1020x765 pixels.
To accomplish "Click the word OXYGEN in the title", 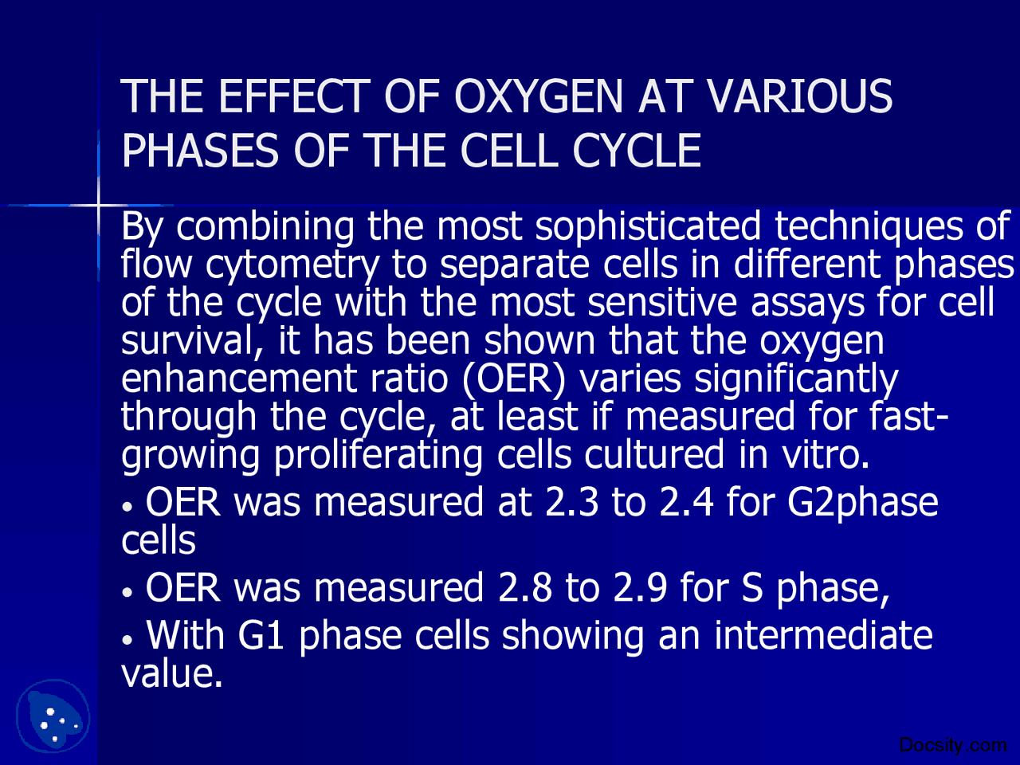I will coord(539,97).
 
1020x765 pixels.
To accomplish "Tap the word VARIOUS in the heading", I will coord(799,97).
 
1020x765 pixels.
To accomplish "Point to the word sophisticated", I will coord(648,227).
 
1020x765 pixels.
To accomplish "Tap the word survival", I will coord(186,342).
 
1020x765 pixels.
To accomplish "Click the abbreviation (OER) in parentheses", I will coord(513,379).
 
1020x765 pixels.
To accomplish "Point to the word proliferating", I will coord(379,456).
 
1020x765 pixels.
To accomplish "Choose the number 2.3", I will coord(571,503).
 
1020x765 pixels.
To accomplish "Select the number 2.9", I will coord(640,589).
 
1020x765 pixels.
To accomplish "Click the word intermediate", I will coord(823,636).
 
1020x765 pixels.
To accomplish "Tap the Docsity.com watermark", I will coord(952,746).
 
